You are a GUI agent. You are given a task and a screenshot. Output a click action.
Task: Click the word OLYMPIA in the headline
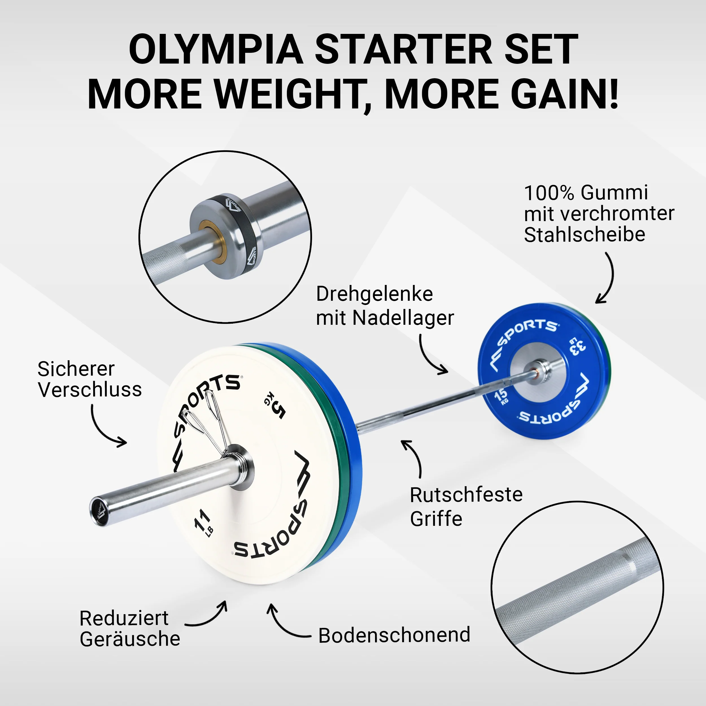coord(215,49)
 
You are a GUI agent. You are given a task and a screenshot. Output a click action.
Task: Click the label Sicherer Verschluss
coord(90,379)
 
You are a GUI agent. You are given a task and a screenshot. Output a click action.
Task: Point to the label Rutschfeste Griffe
coord(466,506)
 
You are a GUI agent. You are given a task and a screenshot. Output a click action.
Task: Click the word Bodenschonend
coord(394,635)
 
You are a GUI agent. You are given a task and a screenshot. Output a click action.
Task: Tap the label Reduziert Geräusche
coord(130,629)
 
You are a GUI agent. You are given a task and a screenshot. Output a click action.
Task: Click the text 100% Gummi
coord(586,193)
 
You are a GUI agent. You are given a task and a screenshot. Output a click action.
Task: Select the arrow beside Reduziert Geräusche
coord(208,618)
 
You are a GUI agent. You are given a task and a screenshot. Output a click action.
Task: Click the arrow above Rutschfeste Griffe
coord(415,457)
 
